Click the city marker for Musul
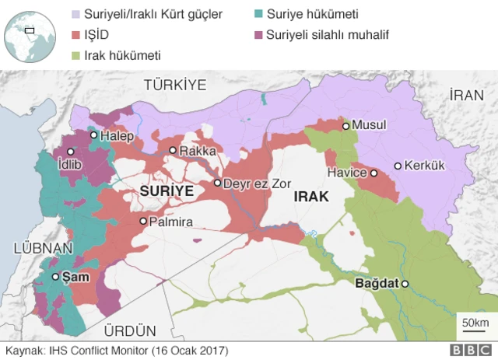tap(345, 125)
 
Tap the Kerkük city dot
tap(398, 166)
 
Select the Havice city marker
tap(373, 173)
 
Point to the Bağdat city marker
tap(405, 284)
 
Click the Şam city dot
tap(55, 277)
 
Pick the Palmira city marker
tap(143, 222)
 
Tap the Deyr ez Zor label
tap(256, 183)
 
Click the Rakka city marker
tap(173, 151)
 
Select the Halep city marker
tap(93, 135)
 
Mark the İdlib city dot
tap(71, 152)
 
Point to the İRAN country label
tap(467, 95)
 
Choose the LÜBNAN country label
tap(43, 249)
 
